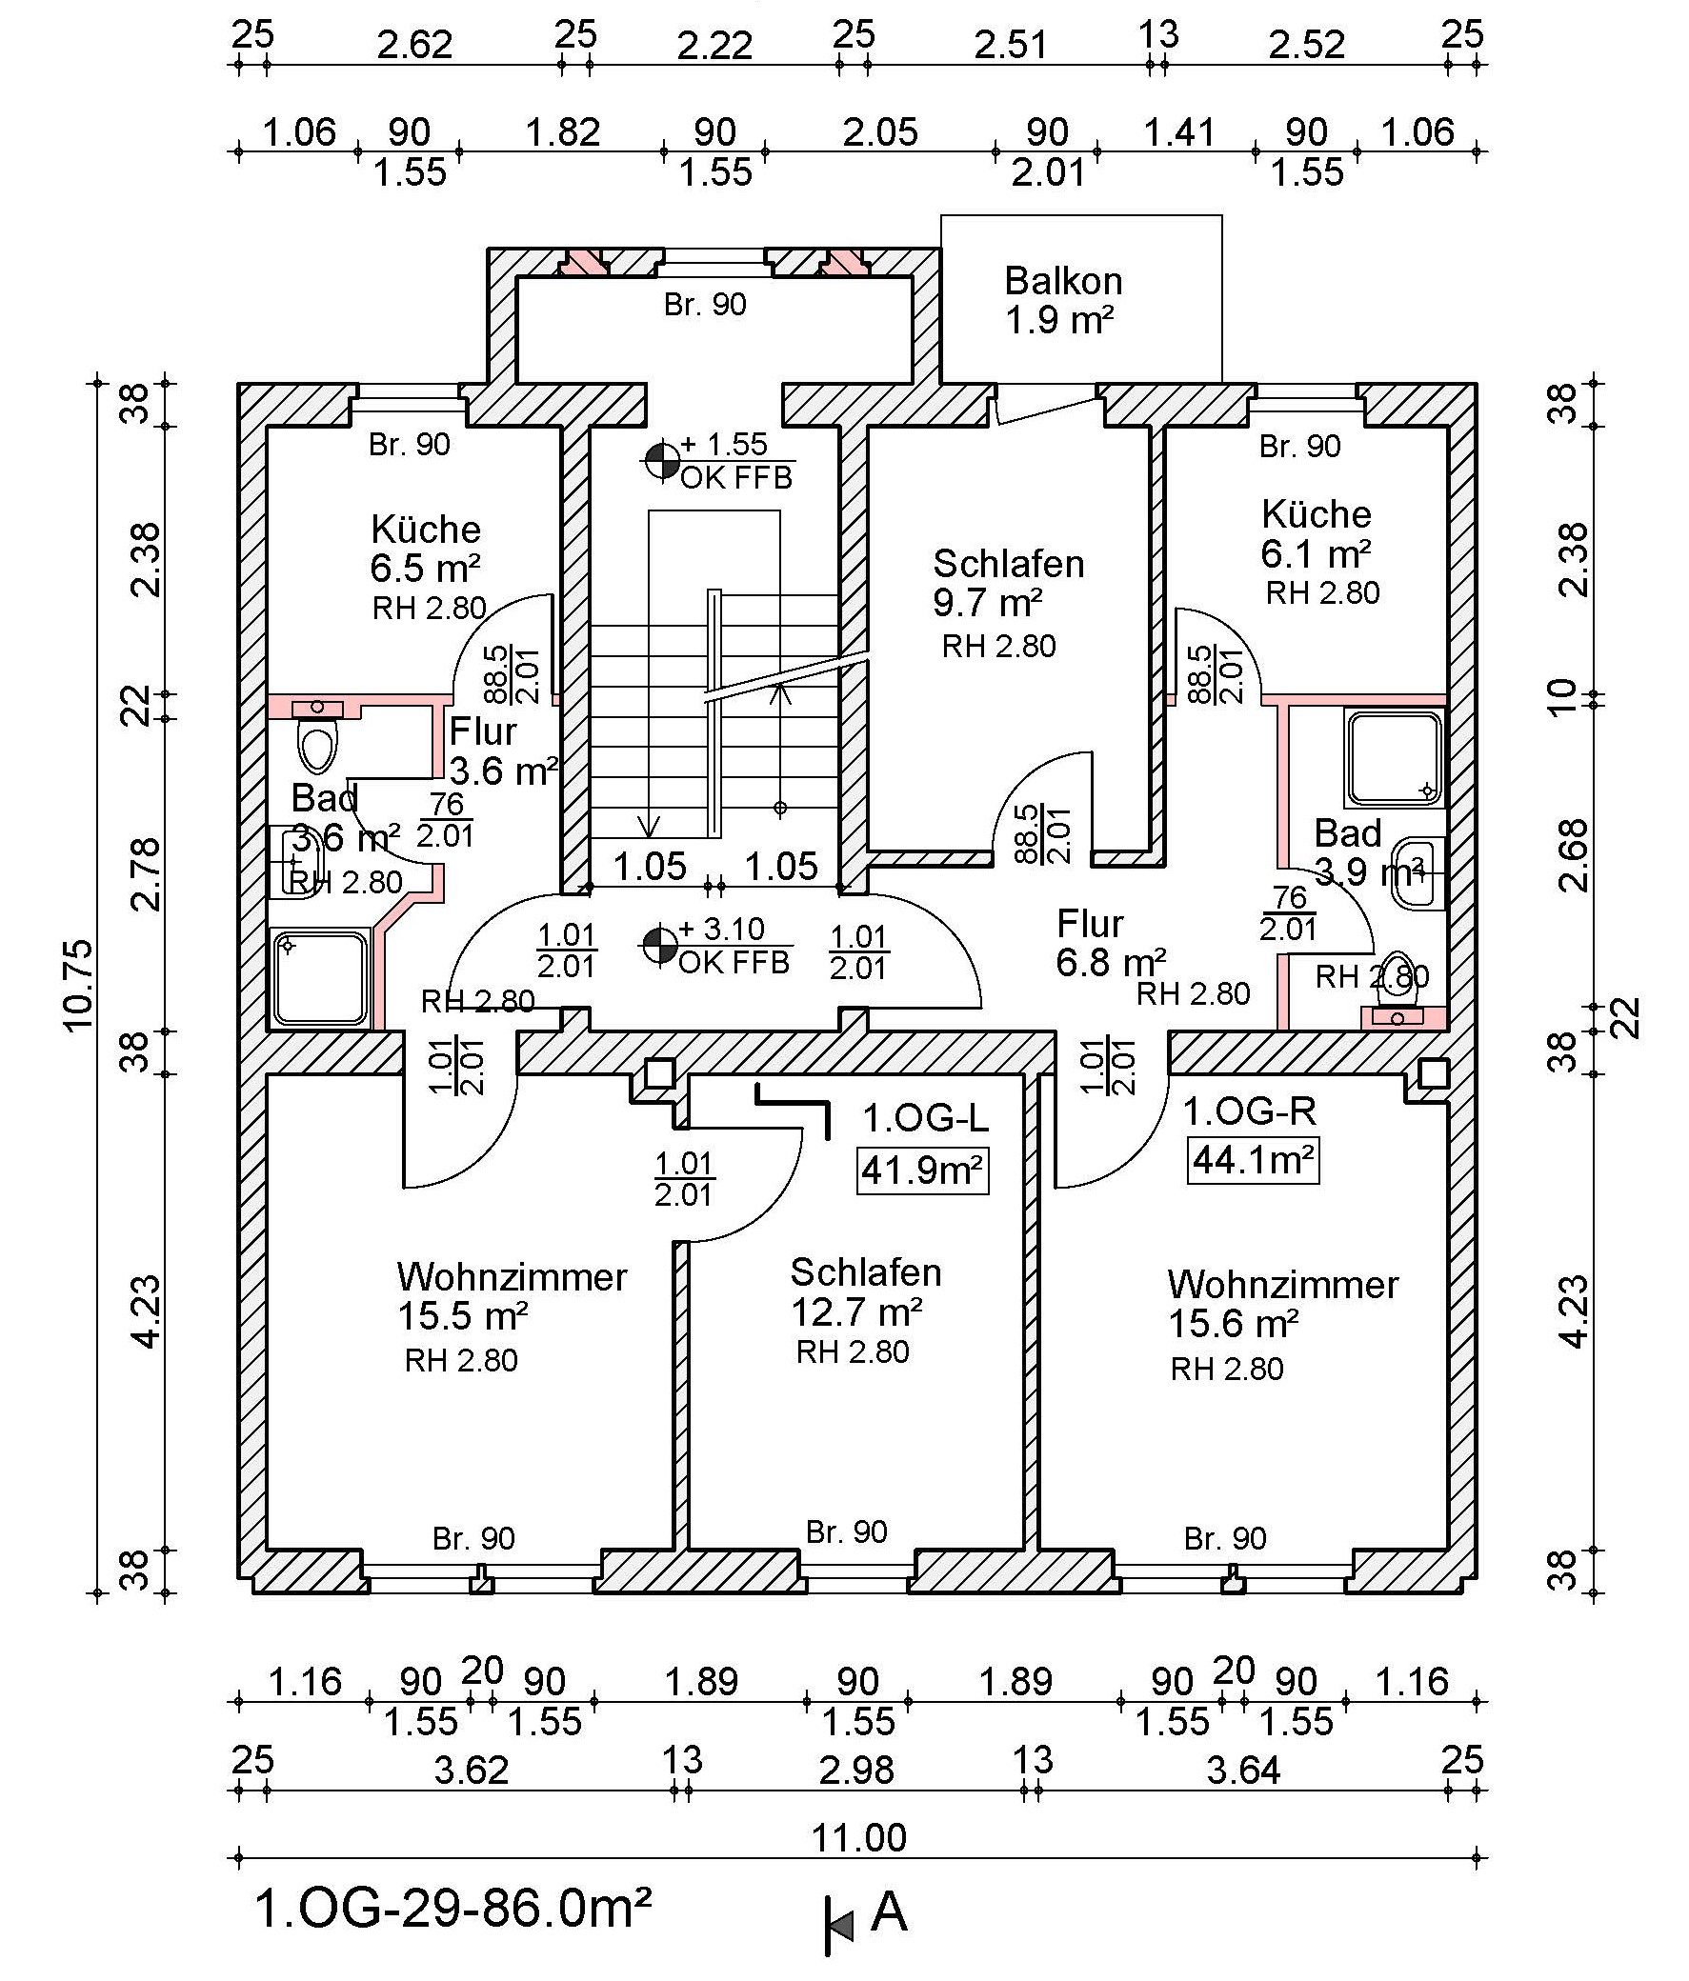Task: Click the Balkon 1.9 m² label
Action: [1062, 300]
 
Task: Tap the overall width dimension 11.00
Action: [859, 1837]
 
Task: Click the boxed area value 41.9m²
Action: [922, 1170]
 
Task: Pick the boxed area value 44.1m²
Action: [1253, 1160]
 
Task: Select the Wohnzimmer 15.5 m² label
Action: [512, 1296]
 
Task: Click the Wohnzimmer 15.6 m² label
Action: [1282, 1304]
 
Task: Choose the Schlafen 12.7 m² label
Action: [866, 1291]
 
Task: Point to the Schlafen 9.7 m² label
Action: [1009, 583]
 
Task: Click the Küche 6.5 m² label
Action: [426, 549]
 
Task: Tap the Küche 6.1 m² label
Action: [1317, 533]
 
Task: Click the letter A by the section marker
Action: [890, 1913]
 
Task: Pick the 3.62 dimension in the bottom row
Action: [471, 1770]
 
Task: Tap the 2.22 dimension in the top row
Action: [714, 46]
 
